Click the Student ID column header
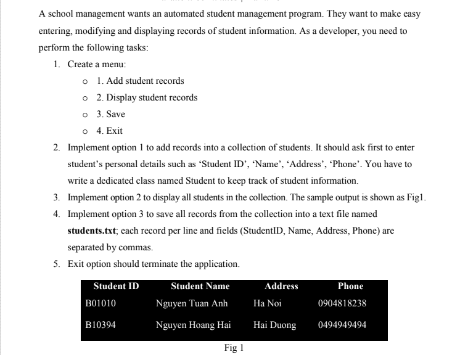(x=116, y=286)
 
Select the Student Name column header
(x=200, y=286)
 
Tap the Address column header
(x=281, y=286)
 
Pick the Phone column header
(x=350, y=286)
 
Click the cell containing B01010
(x=101, y=303)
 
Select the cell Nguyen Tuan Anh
(x=192, y=303)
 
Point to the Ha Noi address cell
(x=267, y=303)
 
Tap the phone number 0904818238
(x=342, y=303)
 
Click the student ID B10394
(x=101, y=325)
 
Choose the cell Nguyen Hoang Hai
(x=193, y=325)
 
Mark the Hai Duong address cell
(x=274, y=325)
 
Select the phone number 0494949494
(x=342, y=325)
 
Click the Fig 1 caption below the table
(x=234, y=348)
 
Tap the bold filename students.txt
(x=92, y=231)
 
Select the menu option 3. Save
(x=110, y=114)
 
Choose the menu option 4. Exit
(x=109, y=131)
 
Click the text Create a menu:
(x=97, y=64)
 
